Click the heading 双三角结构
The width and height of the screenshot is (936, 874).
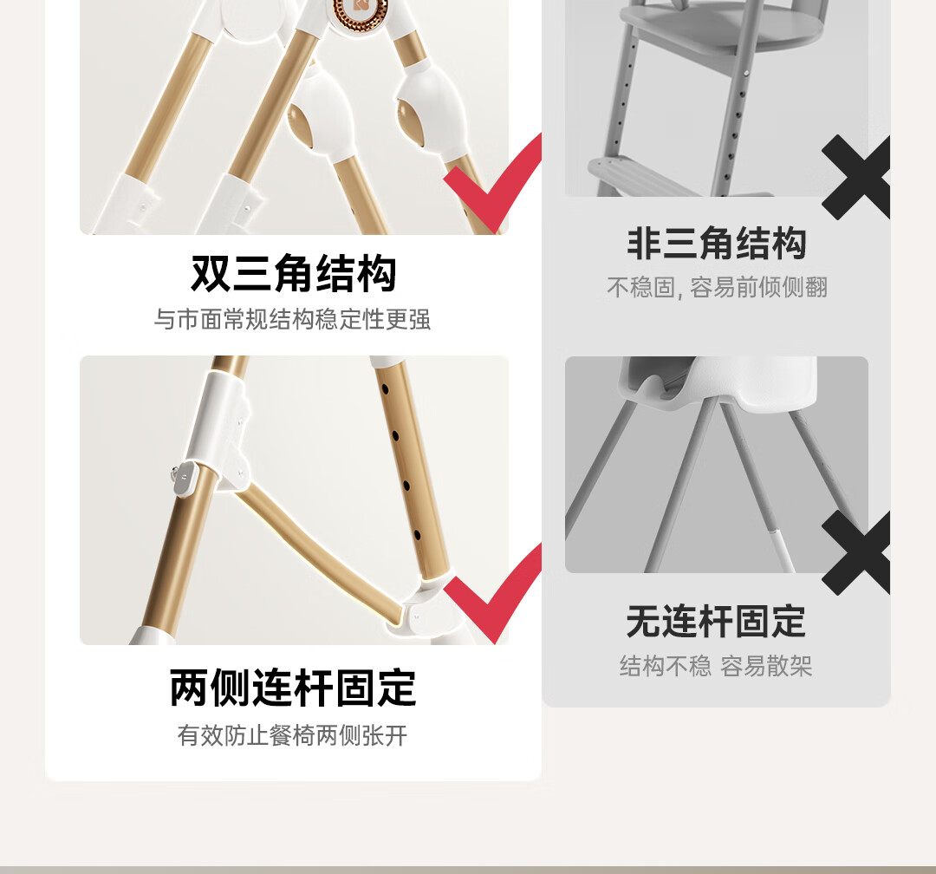pyautogui.click(x=294, y=274)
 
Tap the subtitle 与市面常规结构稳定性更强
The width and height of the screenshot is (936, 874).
pyautogui.click(x=293, y=320)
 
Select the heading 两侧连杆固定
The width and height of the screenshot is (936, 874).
pyautogui.click(x=293, y=688)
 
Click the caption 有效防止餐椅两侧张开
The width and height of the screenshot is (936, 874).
pyautogui.click(x=293, y=736)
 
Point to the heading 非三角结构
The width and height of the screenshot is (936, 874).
pyautogui.click(x=717, y=244)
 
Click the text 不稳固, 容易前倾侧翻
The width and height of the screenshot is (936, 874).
pyautogui.click(x=717, y=288)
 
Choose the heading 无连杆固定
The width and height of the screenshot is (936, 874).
pyautogui.click(x=717, y=622)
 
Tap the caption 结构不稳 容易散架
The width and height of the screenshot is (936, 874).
pyautogui.click(x=717, y=667)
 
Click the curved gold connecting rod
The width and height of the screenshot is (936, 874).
pyautogui.click(x=321, y=546)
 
